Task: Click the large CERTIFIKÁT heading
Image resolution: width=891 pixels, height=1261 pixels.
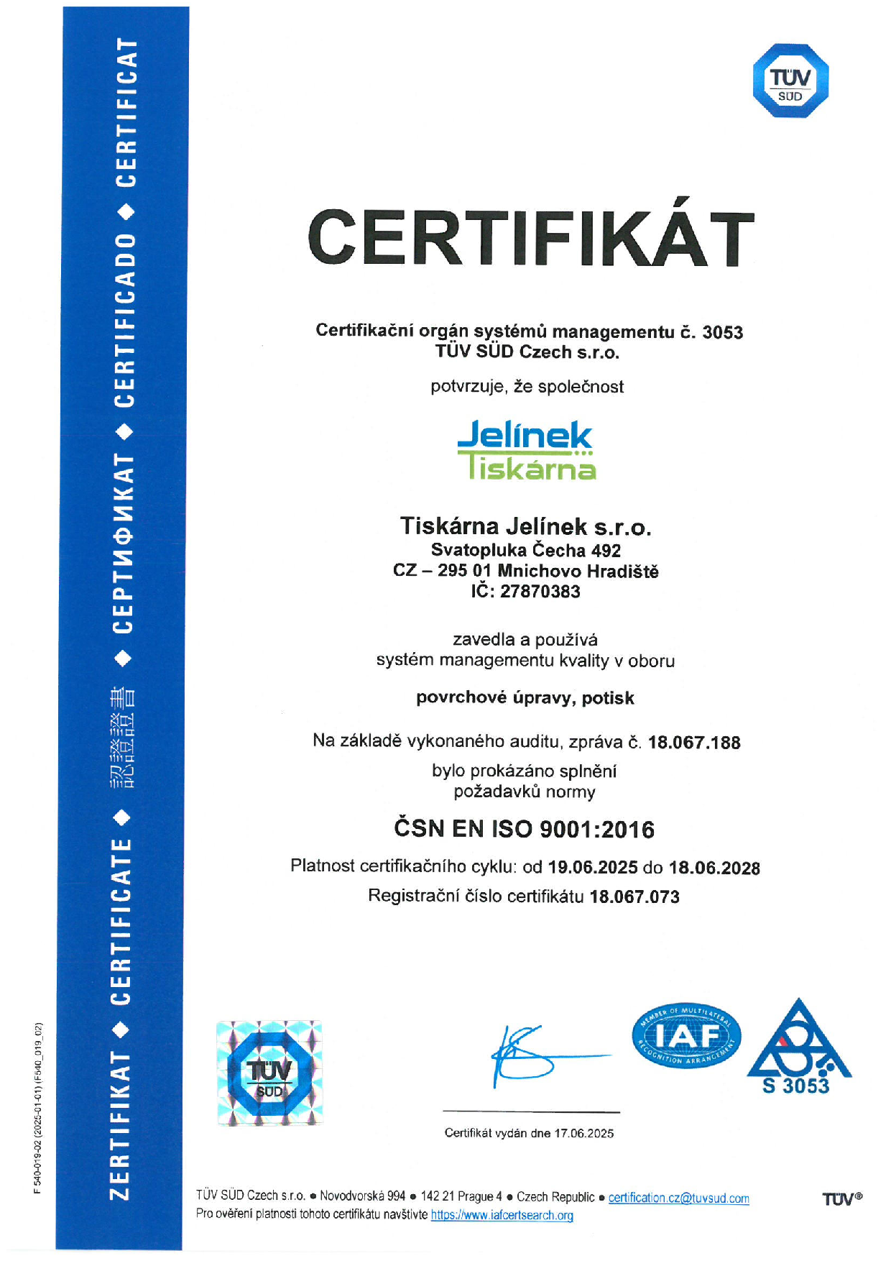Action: click(x=530, y=237)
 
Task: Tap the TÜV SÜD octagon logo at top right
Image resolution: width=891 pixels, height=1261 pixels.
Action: click(x=790, y=81)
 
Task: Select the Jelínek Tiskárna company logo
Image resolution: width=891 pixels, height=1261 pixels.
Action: click(x=526, y=450)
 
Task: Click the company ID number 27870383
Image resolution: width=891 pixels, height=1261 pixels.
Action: click(x=540, y=592)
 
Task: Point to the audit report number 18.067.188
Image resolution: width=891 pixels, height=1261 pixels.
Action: click(x=693, y=742)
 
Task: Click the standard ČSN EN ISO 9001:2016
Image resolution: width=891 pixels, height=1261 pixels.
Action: click(x=524, y=829)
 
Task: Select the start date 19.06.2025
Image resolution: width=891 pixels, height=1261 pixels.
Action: click(x=592, y=867)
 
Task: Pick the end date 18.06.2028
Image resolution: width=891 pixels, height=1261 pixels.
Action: click(x=714, y=868)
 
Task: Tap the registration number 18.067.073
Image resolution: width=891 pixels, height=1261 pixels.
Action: click(x=634, y=897)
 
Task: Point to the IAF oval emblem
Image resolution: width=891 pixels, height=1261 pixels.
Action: click(x=686, y=1036)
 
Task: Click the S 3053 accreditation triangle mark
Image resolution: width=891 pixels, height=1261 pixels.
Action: click(x=799, y=1047)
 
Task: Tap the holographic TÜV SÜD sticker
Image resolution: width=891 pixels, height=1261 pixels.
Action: click(x=269, y=1073)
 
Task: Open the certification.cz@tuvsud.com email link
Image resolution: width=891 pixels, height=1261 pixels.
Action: click(x=678, y=1198)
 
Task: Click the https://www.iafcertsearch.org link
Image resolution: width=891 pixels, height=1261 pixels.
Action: click(x=502, y=1216)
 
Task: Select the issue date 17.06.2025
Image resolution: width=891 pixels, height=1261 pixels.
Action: click(x=583, y=1134)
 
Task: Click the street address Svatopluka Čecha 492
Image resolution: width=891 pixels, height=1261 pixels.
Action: click(x=525, y=551)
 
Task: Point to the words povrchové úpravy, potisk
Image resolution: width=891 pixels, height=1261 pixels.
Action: click(x=525, y=698)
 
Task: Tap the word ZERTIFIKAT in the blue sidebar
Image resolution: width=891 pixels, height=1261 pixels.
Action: click(x=120, y=1125)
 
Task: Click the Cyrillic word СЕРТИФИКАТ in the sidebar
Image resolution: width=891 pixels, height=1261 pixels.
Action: click(x=124, y=544)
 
